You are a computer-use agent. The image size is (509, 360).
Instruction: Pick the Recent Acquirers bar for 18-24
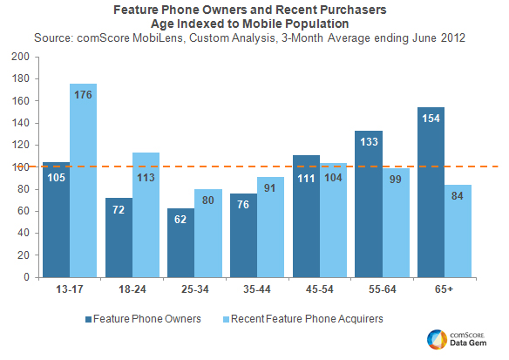point(146,214)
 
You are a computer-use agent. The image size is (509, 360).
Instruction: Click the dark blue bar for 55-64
point(368,204)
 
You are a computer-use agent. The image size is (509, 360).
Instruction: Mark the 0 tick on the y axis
point(30,277)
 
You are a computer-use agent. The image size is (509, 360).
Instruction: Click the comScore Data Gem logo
point(458,340)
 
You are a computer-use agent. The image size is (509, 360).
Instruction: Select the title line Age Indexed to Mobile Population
point(254,24)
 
